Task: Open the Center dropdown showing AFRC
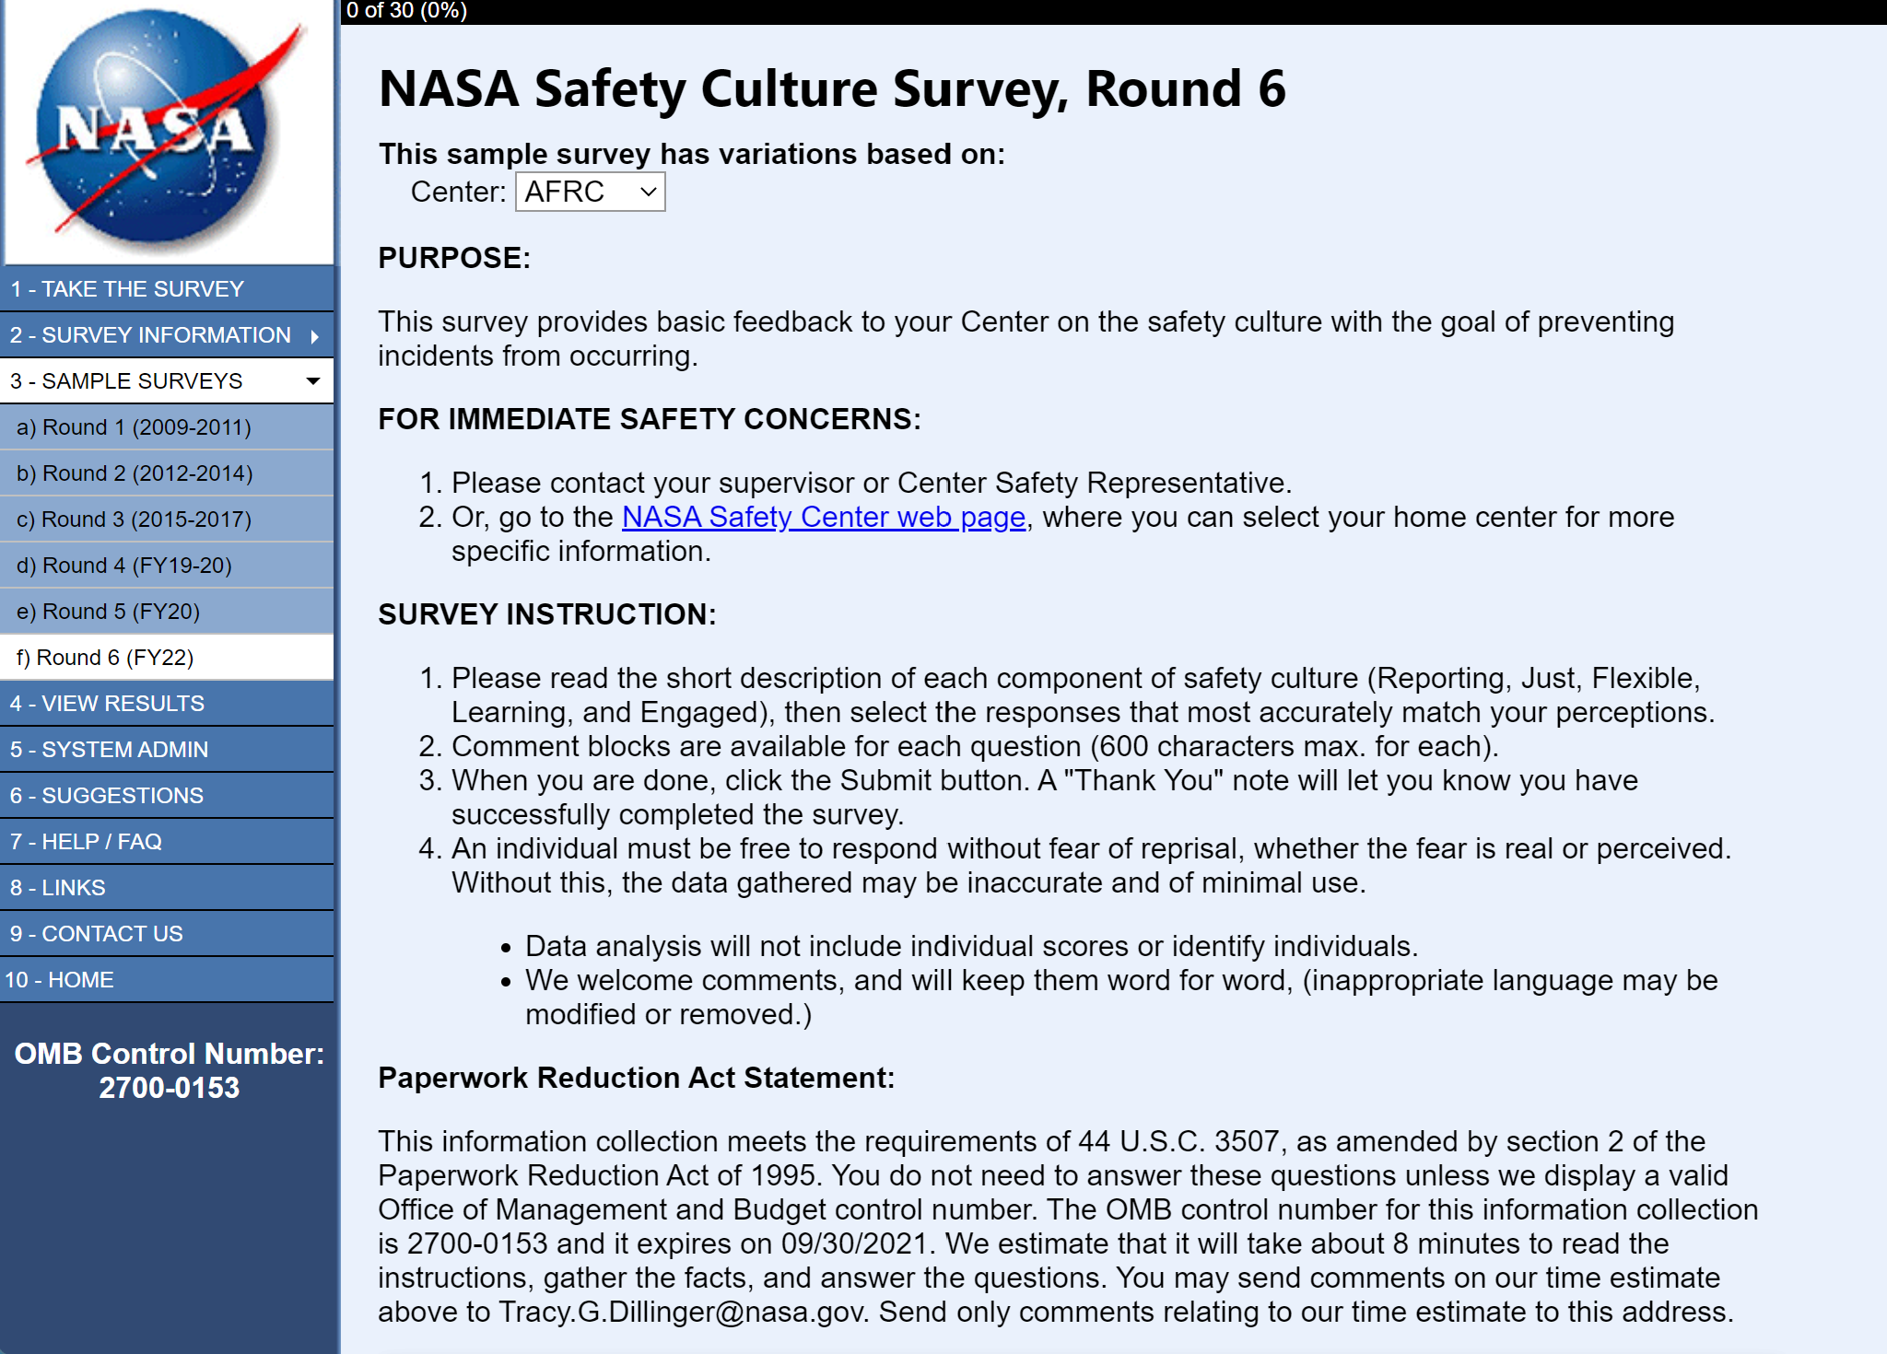pos(590,192)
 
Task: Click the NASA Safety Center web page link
pos(824,517)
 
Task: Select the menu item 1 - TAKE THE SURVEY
pos(127,289)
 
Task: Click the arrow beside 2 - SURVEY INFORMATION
pos(315,336)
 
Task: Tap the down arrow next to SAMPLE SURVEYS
pos(313,381)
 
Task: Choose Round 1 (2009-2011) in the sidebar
pos(134,427)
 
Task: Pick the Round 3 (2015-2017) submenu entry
pos(134,519)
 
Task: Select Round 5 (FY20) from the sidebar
pos(108,612)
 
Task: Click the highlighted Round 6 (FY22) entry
pos(105,658)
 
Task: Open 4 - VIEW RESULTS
pos(107,704)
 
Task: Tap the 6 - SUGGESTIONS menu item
pos(107,796)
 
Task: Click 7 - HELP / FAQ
pos(86,842)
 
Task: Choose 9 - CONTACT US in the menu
pos(97,934)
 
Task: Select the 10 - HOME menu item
pos(60,980)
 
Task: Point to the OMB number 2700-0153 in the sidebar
pos(169,1088)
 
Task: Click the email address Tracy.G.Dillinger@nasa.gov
pos(681,1312)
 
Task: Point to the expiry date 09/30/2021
pos(853,1243)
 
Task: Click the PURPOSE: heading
pos(454,258)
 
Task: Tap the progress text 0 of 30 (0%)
pos(406,11)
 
